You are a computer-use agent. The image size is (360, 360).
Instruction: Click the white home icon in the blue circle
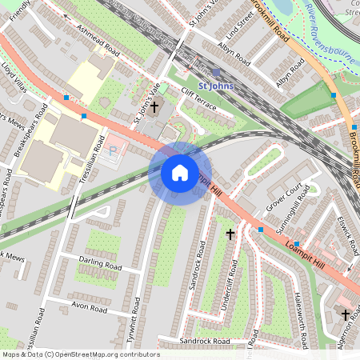(x=180, y=173)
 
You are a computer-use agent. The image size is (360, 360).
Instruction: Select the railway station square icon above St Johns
(x=216, y=72)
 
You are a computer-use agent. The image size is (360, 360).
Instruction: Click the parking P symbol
(x=113, y=149)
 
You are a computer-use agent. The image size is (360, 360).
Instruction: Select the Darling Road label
(x=100, y=263)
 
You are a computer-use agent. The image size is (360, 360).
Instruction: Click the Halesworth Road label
(x=302, y=320)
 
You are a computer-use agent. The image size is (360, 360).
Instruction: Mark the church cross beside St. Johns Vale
(x=154, y=106)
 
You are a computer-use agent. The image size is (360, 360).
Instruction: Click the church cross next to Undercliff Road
(x=231, y=234)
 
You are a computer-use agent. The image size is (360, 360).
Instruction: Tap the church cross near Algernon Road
(x=346, y=315)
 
